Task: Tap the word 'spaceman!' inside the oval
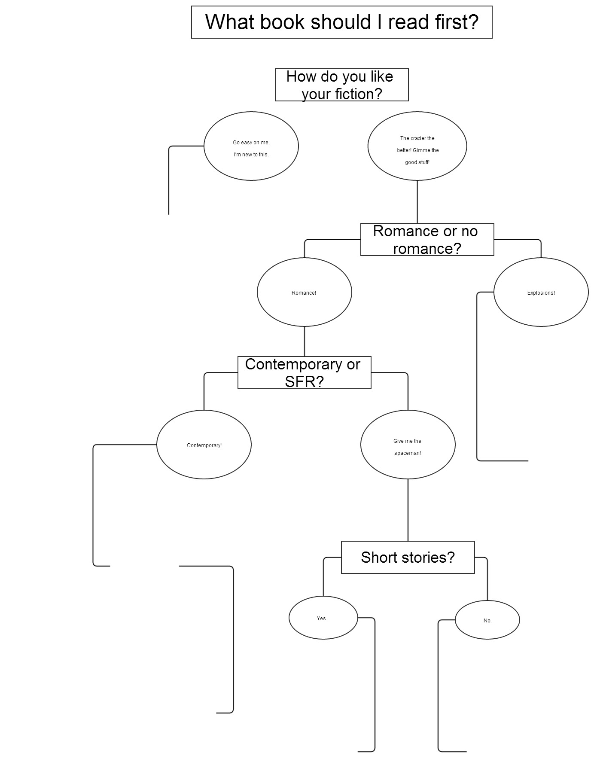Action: [408, 453]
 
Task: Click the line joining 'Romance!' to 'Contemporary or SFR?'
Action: [305, 341]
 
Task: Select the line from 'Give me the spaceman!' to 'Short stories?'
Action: [408, 510]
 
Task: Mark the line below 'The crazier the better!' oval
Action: [417, 202]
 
